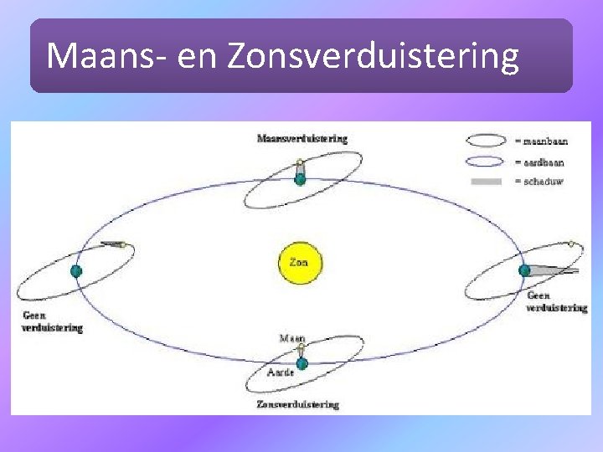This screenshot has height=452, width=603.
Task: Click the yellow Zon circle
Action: (299, 262)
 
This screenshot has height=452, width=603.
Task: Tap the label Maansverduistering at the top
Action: (301, 138)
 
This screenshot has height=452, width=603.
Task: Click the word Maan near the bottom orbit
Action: (292, 338)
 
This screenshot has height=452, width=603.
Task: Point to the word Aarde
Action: (281, 372)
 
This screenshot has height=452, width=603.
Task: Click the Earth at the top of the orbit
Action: (300, 178)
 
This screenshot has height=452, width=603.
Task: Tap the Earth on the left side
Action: (76, 270)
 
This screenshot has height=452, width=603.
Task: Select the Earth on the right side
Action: (524, 270)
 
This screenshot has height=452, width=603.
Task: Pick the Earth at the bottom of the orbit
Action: (301, 363)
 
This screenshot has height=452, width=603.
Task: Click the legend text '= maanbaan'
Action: (541, 141)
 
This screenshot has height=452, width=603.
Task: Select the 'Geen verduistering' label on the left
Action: (53, 322)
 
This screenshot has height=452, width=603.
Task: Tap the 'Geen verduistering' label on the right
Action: (556, 301)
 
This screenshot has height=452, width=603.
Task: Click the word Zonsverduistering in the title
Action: (373, 56)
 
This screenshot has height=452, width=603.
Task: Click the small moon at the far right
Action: (571, 244)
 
